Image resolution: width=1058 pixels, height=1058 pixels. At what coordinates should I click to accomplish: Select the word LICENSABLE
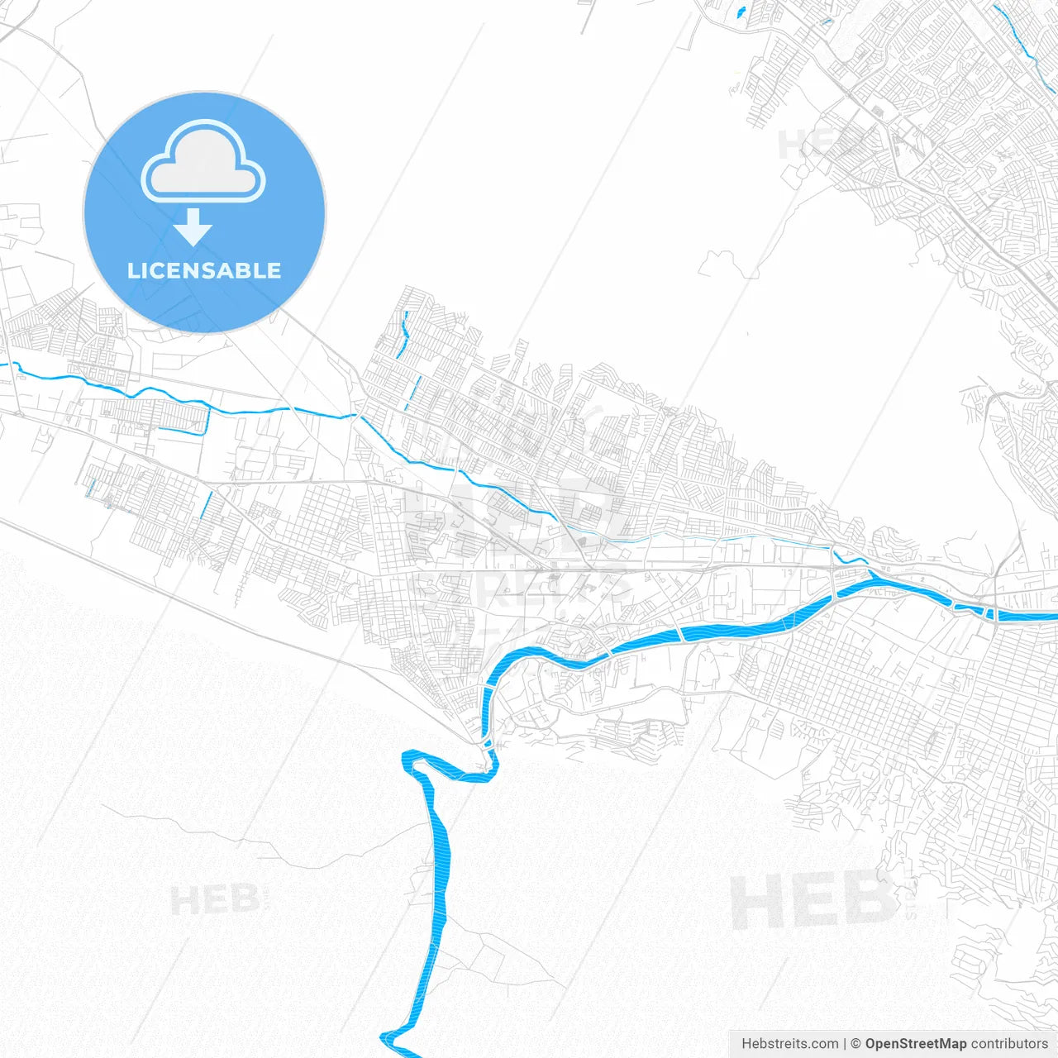pos(204,270)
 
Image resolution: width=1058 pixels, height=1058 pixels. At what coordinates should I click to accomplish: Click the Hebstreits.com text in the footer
pos(789,1044)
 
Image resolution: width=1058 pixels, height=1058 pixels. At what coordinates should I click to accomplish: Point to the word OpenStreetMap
pos(915,1044)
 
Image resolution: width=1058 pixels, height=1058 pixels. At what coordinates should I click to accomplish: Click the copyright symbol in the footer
pos(855,1044)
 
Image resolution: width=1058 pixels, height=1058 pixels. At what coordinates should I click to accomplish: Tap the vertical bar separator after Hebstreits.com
pos(844,1044)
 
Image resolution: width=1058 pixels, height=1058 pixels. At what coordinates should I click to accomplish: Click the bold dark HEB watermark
pos(814,901)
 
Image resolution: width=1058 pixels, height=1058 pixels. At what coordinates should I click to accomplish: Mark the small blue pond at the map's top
pos(740,12)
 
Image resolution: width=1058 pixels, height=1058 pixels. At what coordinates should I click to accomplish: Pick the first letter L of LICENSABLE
pos(133,270)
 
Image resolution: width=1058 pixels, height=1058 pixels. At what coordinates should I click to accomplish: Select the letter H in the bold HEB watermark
pos(756,901)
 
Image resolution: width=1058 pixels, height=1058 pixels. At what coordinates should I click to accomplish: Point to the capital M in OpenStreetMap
pos(950,1044)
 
